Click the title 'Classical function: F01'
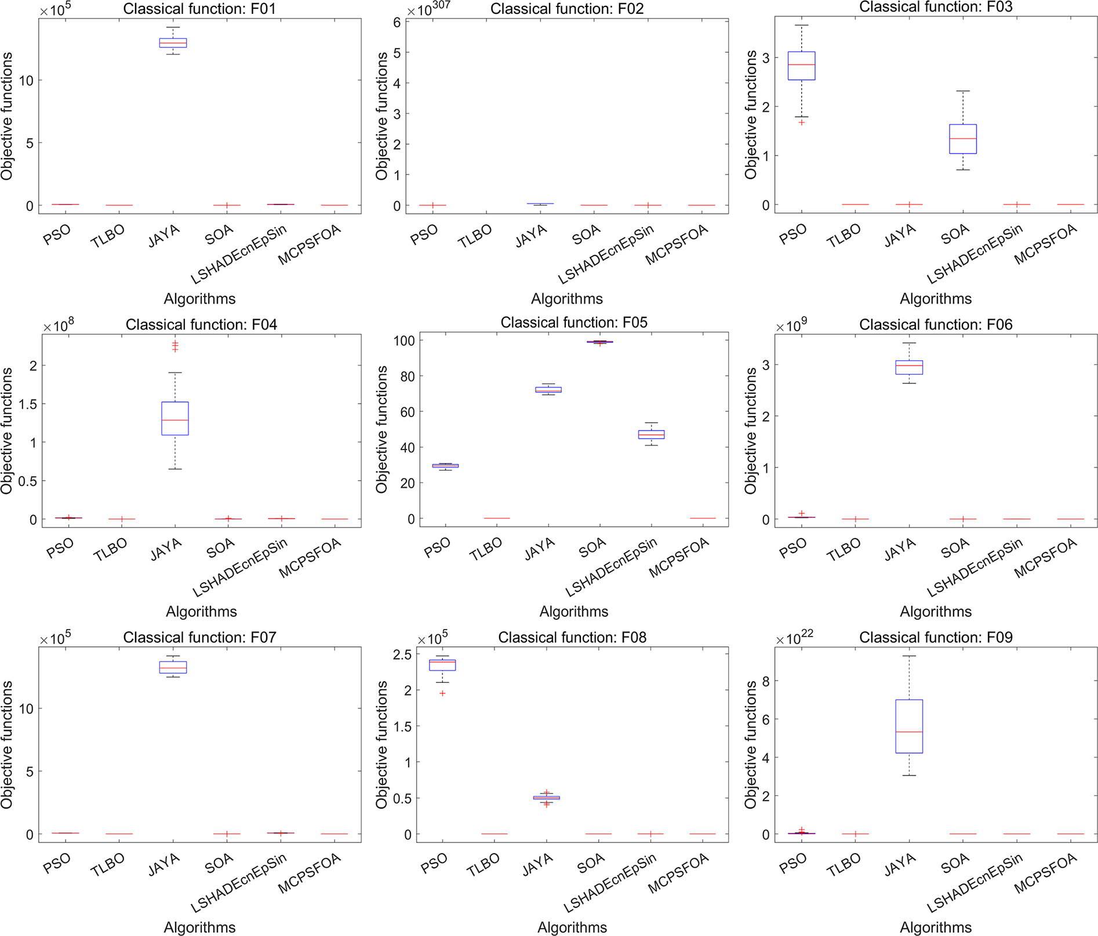pyautogui.click(x=199, y=9)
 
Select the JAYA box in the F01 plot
pyautogui.click(x=173, y=43)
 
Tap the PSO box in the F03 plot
pyautogui.click(x=801, y=65)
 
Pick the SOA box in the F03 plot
pyautogui.click(x=963, y=139)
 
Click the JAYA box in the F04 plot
pyautogui.click(x=175, y=418)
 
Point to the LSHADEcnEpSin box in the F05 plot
pyautogui.click(x=651, y=434)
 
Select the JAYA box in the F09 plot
pyautogui.click(x=909, y=726)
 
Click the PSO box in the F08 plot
pyautogui.click(x=442, y=665)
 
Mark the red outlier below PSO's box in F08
pyautogui.click(x=442, y=693)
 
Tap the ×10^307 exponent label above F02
pyautogui.click(x=428, y=10)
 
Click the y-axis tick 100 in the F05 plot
pyautogui.click(x=404, y=341)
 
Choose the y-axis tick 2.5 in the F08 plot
pyautogui.click(x=402, y=655)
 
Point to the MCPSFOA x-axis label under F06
pyautogui.click(x=1045, y=558)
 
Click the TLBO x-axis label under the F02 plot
pyautogui.click(x=474, y=236)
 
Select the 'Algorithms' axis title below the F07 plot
pyautogui.click(x=199, y=927)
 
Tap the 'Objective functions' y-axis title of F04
pyautogui.click(x=7, y=431)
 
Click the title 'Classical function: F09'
pyautogui.click(x=936, y=637)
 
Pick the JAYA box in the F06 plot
pyautogui.click(x=909, y=367)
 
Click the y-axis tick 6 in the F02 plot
pyautogui.click(x=397, y=22)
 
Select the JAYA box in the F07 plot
pyautogui.click(x=173, y=667)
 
